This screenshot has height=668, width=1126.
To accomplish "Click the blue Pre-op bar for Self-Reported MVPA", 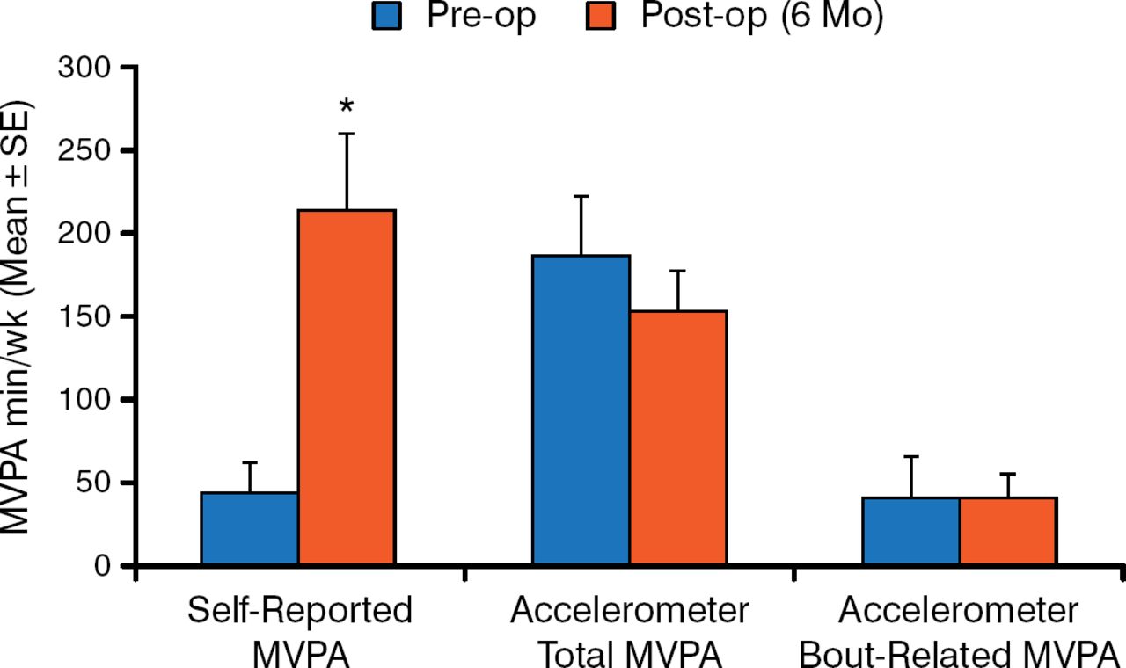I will pyautogui.click(x=250, y=528).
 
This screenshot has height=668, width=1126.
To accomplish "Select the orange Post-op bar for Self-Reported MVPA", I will pyautogui.click(x=347, y=387).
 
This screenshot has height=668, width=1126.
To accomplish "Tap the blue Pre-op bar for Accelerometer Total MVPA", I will pyautogui.click(x=581, y=410).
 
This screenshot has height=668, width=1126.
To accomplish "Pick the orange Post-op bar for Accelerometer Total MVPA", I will pyautogui.click(x=678, y=438).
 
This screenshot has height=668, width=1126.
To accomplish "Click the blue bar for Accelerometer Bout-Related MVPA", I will pyautogui.click(x=910, y=531).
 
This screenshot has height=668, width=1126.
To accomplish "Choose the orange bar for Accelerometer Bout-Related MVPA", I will pyautogui.click(x=1008, y=531).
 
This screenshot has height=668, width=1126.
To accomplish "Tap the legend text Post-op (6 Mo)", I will pyautogui.click(x=762, y=18).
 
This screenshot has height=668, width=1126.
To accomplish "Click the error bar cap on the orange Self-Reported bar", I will pyautogui.click(x=347, y=134).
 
